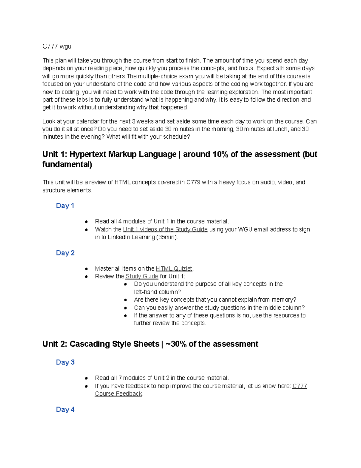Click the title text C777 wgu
(57, 46)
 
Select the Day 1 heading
(65, 206)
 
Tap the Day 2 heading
(65, 253)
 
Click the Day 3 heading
(65, 362)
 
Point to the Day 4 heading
(65, 410)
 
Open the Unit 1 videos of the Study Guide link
(165, 229)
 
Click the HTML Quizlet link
(174, 269)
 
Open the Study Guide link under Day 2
(142, 276)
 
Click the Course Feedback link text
(118, 394)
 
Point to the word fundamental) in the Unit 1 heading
(67, 165)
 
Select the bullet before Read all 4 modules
(86, 221)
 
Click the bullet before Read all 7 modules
(86, 378)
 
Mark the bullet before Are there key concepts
(125, 300)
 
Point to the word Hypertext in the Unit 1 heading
(88, 154)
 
